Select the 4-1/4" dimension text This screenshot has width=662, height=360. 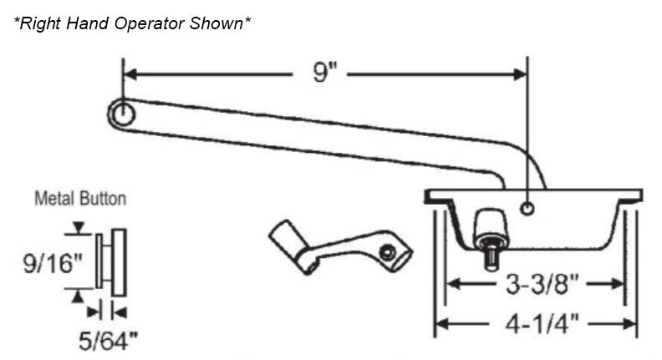pos(537,322)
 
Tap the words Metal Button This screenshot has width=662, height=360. pos(80,200)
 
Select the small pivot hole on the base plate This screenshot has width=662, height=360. pos(526,208)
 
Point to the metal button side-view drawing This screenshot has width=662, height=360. pos(111,259)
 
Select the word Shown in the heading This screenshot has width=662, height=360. pos(219,23)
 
